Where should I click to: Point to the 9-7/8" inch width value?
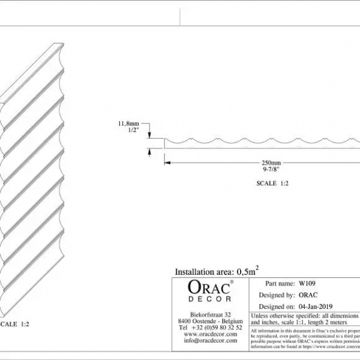click(271, 169)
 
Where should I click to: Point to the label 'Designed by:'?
click(276, 295)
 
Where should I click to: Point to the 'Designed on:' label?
click(276, 305)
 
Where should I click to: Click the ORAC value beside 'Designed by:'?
click(307, 295)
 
